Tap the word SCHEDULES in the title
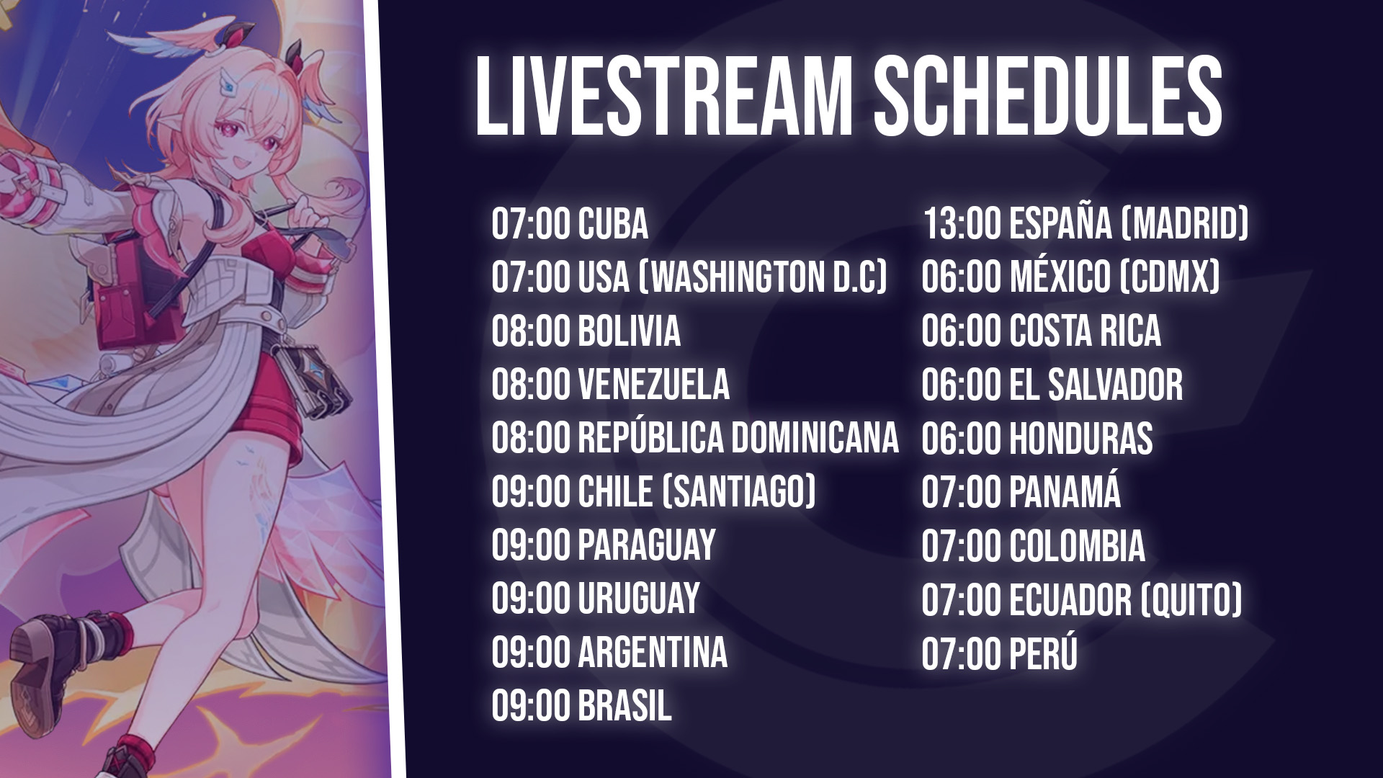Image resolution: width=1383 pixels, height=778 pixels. (1048, 97)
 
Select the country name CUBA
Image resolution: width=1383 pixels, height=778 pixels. (613, 223)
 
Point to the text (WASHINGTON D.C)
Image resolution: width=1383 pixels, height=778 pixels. (763, 277)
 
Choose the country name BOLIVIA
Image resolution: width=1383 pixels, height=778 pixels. (629, 331)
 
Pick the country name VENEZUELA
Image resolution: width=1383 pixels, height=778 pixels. (653, 385)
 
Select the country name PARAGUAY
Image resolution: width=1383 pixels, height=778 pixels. (647, 545)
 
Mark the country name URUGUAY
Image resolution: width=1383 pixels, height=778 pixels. (639, 599)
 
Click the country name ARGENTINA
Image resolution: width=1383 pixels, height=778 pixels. (653, 653)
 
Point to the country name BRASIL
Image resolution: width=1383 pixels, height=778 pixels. (625, 706)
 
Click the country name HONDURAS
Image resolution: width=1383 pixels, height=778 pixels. (1081, 438)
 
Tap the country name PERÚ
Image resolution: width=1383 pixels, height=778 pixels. (1044, 651)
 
